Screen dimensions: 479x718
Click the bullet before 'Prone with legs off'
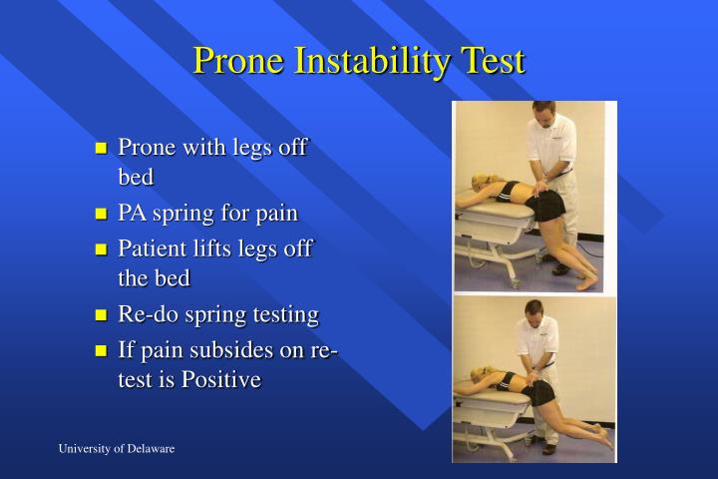point(101,149)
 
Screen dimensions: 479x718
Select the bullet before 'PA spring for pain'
point(101,215)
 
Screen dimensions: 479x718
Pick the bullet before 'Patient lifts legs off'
point(101,249)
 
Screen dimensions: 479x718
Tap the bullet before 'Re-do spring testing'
point(101,316)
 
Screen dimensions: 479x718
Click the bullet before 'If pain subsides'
point(101,351)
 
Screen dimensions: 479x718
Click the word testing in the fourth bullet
point(285,315)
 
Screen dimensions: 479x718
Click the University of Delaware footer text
point(116,449)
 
